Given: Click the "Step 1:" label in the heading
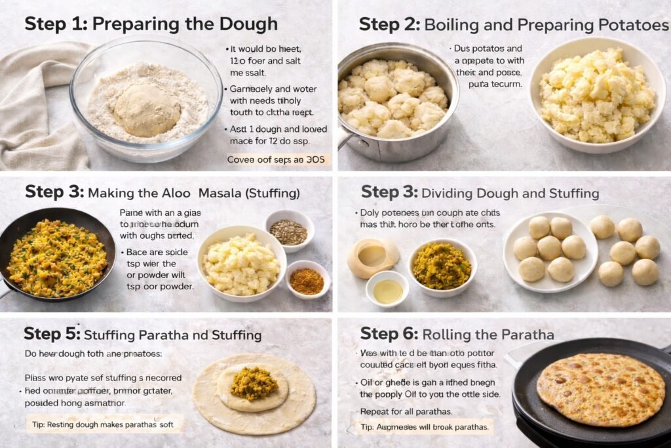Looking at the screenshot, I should [56, 24].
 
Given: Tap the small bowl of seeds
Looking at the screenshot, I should [288, 231].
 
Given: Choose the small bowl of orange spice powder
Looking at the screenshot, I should [306, 281].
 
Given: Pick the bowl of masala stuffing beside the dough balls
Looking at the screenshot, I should [442, 266].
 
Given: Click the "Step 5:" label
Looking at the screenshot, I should [52, 334].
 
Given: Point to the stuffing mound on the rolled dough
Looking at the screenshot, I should [254, 383].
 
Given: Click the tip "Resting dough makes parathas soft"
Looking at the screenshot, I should [104, 424].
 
